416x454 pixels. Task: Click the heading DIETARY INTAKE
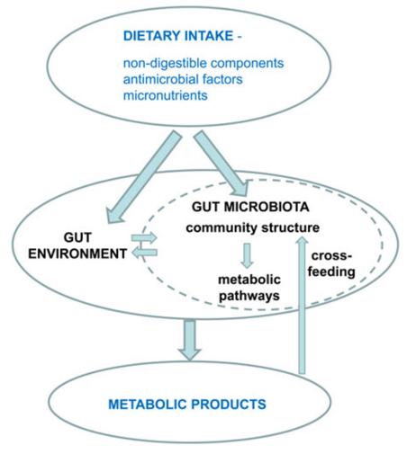click(x=185, y=38)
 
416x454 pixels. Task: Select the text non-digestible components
click(x=204, y=64)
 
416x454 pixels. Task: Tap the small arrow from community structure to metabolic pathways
click(x=246, y=255)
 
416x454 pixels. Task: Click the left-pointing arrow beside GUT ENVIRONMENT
click(x=143, y=252)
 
